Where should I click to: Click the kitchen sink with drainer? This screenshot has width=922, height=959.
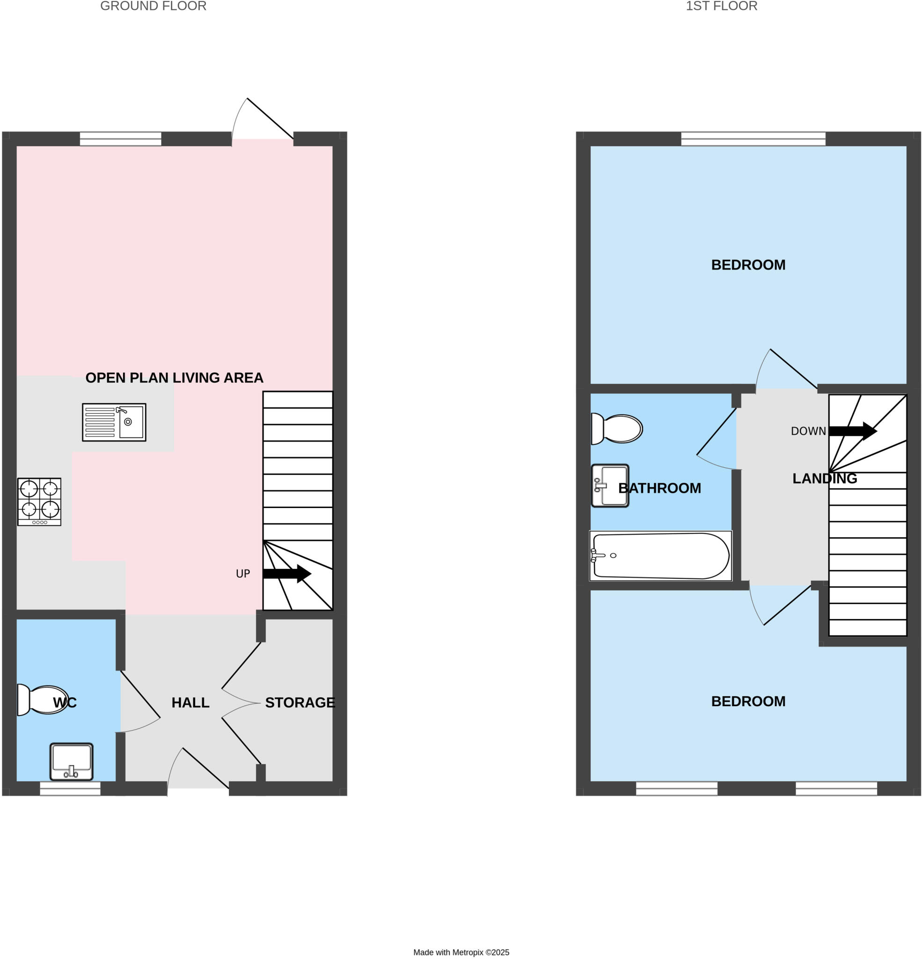(114, 422)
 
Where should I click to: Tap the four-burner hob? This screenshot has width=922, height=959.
(39, 502)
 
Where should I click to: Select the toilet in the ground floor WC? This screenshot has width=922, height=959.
(43, 700)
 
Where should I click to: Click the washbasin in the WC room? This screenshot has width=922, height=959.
(72, 762)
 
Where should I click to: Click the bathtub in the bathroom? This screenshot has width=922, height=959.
(660, 556)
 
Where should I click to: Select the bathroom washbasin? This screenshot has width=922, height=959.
(610, 486)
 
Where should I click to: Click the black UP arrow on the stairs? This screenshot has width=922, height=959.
(286, 574)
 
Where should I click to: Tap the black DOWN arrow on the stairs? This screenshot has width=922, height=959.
(852, 431)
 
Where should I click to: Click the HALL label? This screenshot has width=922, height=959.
(190, 702)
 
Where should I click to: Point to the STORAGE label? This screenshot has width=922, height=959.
(300, 702)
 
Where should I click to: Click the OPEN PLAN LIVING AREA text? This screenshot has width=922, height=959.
(174, 378)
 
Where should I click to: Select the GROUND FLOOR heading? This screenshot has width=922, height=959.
(153, 7)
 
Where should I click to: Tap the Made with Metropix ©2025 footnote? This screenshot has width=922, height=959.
(461, 952)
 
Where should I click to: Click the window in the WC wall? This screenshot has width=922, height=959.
(70, 788)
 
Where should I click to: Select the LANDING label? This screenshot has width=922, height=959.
(824, 479)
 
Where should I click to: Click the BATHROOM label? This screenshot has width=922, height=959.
(659, 488)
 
